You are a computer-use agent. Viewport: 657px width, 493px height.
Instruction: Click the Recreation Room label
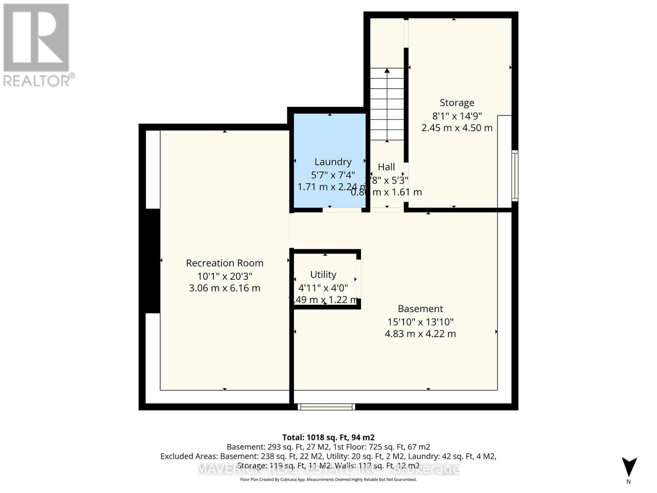pos(225,263)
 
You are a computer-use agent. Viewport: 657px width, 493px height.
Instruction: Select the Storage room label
pos(457,103)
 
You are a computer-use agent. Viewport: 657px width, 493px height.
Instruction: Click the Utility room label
pos(323,274)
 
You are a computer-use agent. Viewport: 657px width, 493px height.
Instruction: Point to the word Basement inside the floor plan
pos(420,309)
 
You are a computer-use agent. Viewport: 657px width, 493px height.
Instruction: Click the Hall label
pos(386,167)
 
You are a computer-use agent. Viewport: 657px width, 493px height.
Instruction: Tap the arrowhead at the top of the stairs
pos(387,71)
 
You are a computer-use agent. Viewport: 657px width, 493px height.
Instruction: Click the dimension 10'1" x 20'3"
pos(225,276)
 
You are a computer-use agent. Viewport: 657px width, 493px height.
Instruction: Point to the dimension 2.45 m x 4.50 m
pos(457,128)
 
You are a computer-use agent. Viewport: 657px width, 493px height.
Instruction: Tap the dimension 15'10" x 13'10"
pos(420,322)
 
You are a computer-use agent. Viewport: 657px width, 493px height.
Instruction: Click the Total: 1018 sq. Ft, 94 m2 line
pos(328,438)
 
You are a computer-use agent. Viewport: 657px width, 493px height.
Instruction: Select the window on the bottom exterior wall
pos(326,407)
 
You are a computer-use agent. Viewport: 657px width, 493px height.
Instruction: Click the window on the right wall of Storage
pos(515,175)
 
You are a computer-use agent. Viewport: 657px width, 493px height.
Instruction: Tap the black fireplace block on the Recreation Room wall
pos(153,261)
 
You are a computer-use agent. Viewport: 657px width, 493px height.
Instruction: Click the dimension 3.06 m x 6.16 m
pos(225,288)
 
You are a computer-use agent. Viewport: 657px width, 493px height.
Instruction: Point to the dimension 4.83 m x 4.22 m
pos(420,334)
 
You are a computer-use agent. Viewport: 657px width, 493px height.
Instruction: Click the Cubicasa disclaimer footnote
pos(328,479)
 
